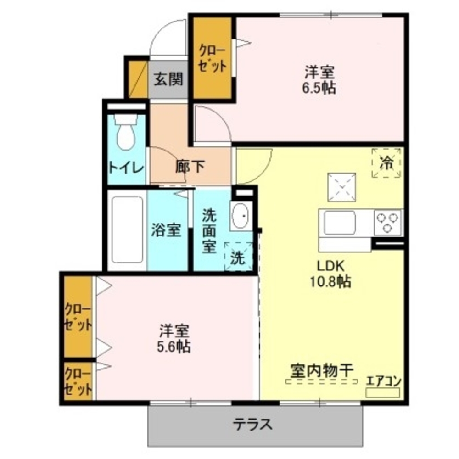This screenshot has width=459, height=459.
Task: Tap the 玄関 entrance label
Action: click(x=168, y=79)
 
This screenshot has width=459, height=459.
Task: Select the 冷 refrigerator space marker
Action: click(x=386, y=163)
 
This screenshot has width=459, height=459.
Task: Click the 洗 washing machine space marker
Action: click(x=238, y=257)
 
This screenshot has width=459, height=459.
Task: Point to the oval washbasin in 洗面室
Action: click(x=241, y=216)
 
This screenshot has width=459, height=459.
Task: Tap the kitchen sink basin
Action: click(x=340, y=223)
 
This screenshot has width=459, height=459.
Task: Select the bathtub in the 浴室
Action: click(x=127, y=230)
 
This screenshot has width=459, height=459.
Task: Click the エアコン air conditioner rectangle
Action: click(x=383, y=392)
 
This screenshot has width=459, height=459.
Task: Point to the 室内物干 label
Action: click(x=322, y=371)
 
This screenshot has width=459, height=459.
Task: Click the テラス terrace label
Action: click(x=252, y=424)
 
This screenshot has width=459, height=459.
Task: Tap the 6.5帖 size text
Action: click(x=319, y=88)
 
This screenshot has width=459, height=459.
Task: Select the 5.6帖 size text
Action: click(x=174, y=347)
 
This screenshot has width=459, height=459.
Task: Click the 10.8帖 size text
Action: click(x=330, y=281)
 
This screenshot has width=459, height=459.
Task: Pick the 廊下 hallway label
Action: click(x=190, y=167)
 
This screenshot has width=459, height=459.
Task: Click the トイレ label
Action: click(x=127, y=168)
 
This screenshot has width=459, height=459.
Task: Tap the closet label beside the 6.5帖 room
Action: click(x=213, y=58)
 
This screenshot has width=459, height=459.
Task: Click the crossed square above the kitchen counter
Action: click(x=341, y=187)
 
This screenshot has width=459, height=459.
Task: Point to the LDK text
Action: click(x=330, y=265)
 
